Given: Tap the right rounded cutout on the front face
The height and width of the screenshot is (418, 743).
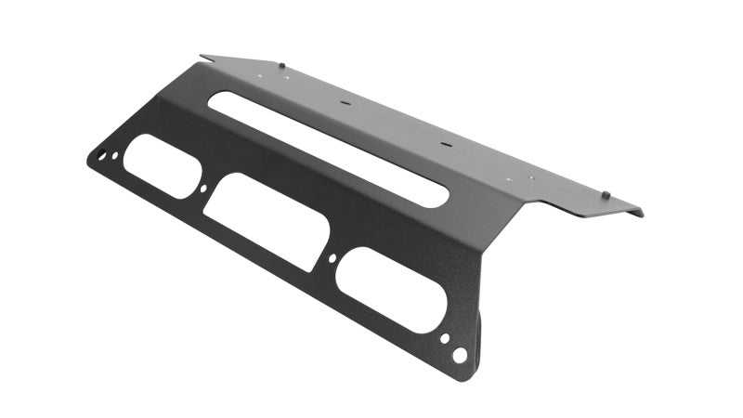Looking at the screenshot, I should pyautogui.click(x=389, y=289).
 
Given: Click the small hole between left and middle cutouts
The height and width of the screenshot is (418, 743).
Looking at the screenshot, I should pyautogui.click(x=204, y=189).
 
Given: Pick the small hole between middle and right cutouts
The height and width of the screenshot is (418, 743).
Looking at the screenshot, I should pyautogui.click(x=332, y=258).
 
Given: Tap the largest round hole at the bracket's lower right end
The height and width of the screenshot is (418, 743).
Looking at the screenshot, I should pyautogui.click(x=459, y=355).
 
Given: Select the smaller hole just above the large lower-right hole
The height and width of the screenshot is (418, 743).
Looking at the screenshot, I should pyautogui.click(x=445, y=338).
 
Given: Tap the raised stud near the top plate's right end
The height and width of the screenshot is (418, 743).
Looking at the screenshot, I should pyautogui.click(x=605, y=194).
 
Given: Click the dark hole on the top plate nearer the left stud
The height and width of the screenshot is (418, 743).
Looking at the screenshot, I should pyautogui.click(x=344, y=104).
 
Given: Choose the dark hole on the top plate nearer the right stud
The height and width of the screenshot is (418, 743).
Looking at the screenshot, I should pyautogui.click(x=443, y=145).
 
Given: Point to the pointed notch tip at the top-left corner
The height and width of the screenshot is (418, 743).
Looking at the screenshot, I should pyautogui.click(x=202, y=56).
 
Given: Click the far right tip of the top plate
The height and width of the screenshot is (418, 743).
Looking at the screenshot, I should pyautogui.click(x=642, y=214).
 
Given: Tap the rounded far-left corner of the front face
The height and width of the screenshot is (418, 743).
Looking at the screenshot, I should pyautogui.click(x=89, y=160).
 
